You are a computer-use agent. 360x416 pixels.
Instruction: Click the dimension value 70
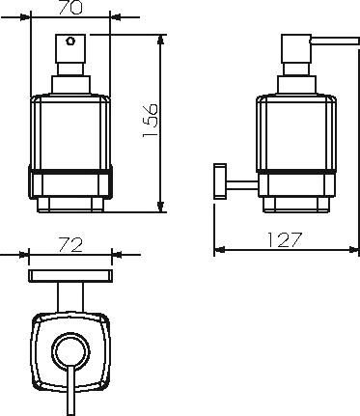(x=70, y=8)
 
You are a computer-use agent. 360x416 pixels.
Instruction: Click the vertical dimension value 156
(x=151, y=121)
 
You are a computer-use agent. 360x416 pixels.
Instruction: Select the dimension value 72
(x=70, y=245)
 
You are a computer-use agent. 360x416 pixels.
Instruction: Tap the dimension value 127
(x=285, y=240)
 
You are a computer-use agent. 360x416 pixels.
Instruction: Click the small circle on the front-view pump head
(x=70, y=42)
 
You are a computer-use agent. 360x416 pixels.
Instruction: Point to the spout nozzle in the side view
(x=334, y=41)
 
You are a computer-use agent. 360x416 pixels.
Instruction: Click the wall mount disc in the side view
(x=220, y=181)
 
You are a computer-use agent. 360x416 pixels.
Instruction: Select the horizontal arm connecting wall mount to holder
(x=242, y=185)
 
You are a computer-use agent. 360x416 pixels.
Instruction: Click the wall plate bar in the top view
(x=70, y=276)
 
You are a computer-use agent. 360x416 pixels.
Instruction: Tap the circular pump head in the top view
(x=70, y=350)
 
